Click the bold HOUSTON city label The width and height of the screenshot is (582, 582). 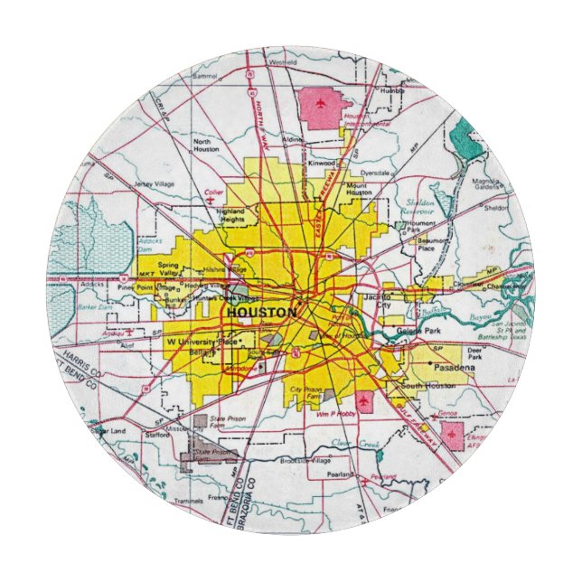pyautogui.click(x=261, y=312)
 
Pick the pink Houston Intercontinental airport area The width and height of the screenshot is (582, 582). pyautogui.click(x=318, y=107)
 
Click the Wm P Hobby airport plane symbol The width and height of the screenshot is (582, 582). pyautogui.click(x=364, y=400)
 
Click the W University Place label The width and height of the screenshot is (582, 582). pyautogui.click(x=202, y=343)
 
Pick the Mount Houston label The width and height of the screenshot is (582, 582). pyautogui.click(x=359, y=189)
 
